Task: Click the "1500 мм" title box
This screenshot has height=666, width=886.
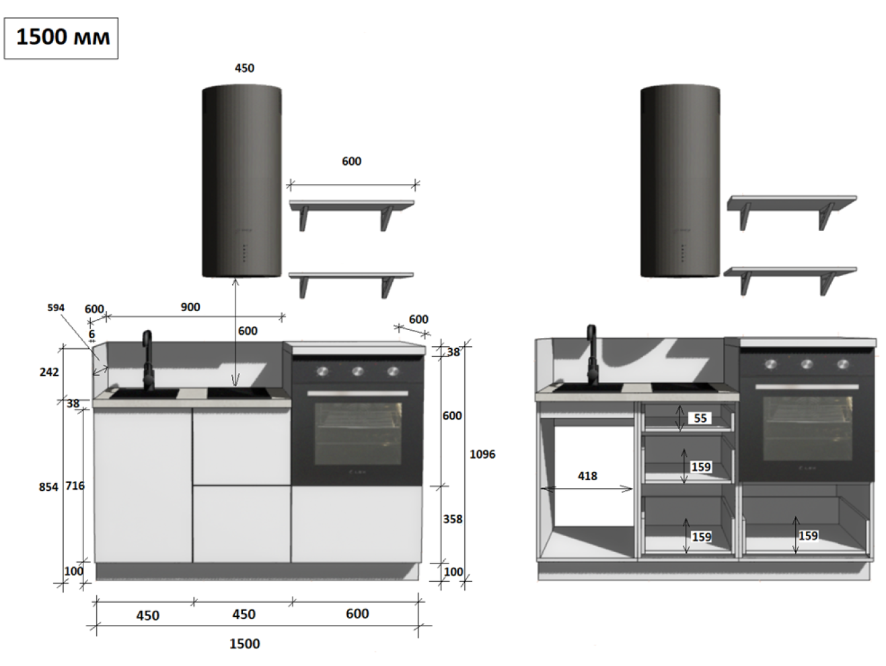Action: (x=61, y=38)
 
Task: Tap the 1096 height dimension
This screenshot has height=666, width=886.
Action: (x=482, y=455)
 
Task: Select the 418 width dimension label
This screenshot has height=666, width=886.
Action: (x=587, y=476)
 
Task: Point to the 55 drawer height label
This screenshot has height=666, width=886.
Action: (x=700, y=418)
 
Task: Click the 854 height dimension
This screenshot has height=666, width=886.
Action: (x=48, y=487)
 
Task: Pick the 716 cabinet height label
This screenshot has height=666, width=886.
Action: (x=75, y=486)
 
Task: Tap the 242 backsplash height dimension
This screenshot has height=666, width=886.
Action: (x=49, y=372)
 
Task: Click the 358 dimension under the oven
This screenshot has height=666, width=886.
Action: (x=453, y=519)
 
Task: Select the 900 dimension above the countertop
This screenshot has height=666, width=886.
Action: (x=190, y=307)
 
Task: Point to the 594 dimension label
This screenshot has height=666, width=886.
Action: (x=56, y=308)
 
